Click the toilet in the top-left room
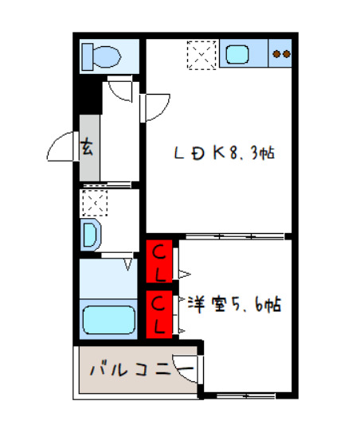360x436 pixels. [101, 56]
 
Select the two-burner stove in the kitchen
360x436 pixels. [280, 54]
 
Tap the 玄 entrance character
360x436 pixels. [88, 147]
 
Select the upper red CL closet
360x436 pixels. [160, 262]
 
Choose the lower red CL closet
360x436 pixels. [160, 313]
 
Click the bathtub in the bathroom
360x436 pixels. [110, 320]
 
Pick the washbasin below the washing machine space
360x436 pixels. [90, 235]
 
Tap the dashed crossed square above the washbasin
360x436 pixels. [93, 203]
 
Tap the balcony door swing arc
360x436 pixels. [187, 368]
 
